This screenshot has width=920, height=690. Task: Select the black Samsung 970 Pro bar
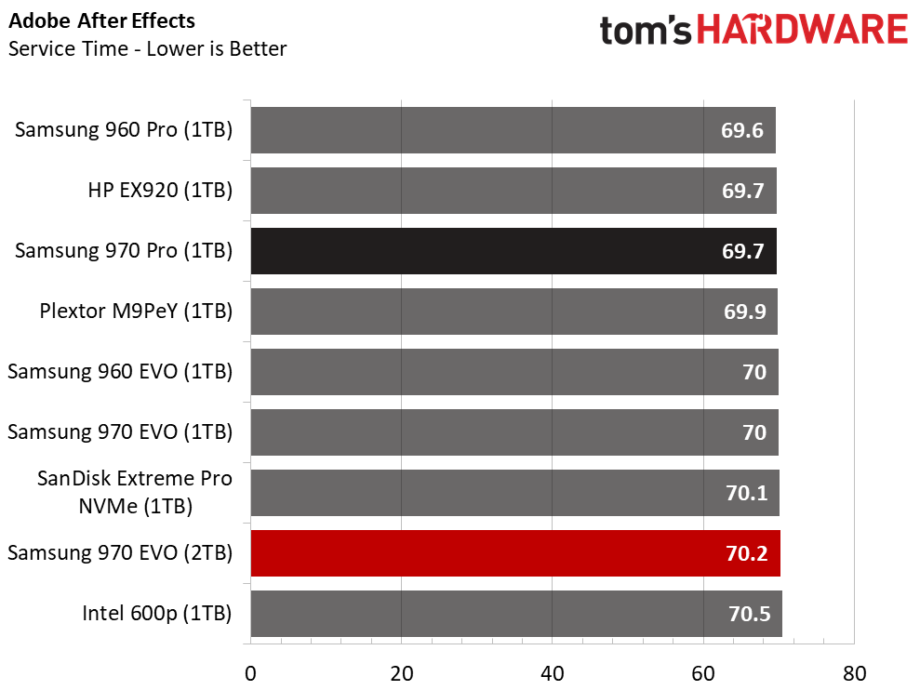tap(513, 251)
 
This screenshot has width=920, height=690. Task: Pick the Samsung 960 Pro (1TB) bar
tap(513, 130)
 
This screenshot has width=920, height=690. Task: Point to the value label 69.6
tap(742, 130)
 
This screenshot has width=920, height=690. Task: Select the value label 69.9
tap(743, 312)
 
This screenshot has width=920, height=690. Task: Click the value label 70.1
tap(746, 493)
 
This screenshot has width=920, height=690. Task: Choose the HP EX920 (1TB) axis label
tap(159, 191)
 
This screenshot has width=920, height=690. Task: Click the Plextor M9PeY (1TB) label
tap(136, 312)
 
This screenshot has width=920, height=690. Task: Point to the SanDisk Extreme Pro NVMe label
tap(135, 493)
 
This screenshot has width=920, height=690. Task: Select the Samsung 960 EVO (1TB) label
tap(120, 372)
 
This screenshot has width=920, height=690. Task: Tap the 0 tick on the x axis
tap(250, 672)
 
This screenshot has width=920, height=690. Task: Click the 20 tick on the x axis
tap(401, 672)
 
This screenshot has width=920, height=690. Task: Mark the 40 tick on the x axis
tap(552, 672)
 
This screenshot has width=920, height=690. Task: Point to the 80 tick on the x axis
tap(853, 672)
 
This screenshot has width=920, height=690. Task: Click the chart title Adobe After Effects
tap(102, 20)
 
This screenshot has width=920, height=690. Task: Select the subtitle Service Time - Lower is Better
tap(147, 48)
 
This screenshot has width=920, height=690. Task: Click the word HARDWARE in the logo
tap(802, 31)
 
